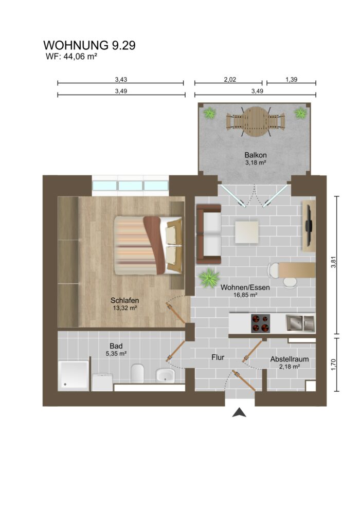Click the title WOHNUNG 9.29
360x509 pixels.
(x=89, y=46)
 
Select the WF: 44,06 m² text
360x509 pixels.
(x=71, y=57)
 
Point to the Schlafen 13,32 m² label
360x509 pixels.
(x=124, y=304)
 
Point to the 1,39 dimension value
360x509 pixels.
(x=291, y=80)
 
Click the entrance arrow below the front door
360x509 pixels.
(x=239, y=412)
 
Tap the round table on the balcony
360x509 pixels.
(x=256, y=121)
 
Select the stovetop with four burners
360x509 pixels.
(x=261, y=323)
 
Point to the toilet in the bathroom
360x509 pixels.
(x=137, y=373)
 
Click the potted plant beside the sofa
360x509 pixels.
(x=209, y=278)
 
